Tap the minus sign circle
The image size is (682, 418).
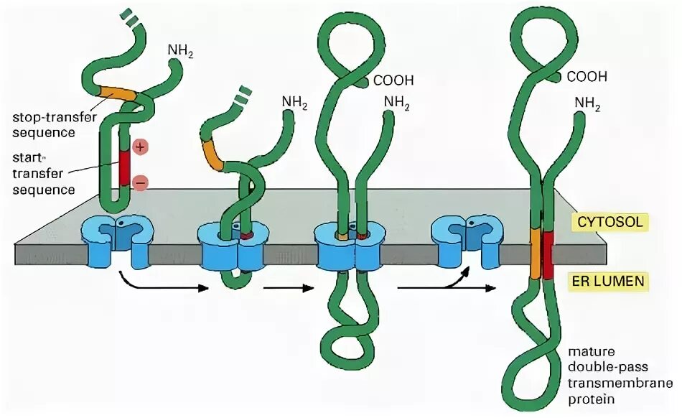(x=140, y=183)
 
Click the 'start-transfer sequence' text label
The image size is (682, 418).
(x=44, y=173)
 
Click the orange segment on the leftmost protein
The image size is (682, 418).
(x=116, y=93)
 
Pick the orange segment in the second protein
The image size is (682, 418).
(x=213, y=153)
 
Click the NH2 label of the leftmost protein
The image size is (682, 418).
(x=179, y=51)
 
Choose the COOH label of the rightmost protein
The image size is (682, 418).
(x=587, y=76)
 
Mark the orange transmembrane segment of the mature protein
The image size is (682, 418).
(x=536, y=252)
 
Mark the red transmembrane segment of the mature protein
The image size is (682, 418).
(x=549, y=252)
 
